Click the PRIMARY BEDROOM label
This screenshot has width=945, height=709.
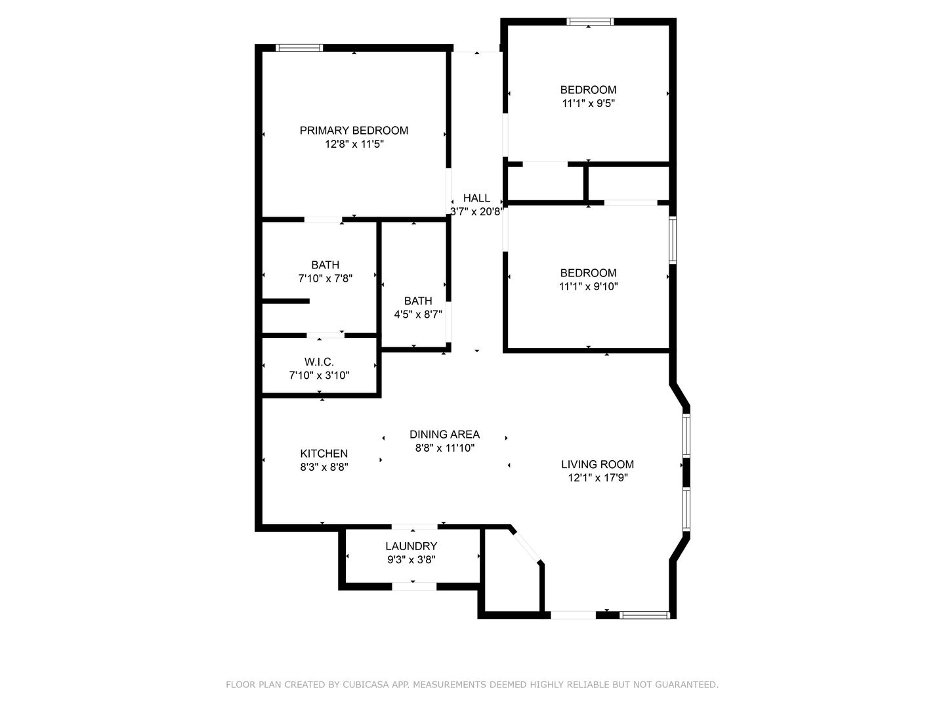354,131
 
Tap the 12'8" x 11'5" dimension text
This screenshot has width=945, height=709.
354,144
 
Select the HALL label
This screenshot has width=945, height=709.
476,198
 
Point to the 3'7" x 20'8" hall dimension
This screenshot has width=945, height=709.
476,211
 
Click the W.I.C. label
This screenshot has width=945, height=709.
319,362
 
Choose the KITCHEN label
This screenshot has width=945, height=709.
324,453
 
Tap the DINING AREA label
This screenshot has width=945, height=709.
445,435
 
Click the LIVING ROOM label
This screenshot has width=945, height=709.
598,465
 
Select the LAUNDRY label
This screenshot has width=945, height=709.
411,546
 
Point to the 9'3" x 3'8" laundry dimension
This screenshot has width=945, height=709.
411,559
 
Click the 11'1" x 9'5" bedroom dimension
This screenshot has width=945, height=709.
588,103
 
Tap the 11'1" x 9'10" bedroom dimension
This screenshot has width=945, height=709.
588,286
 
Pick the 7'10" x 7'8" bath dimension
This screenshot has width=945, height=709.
325,278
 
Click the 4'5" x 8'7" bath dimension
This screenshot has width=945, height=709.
418,314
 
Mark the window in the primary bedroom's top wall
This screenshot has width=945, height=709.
299,48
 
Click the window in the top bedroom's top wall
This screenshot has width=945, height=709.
590,22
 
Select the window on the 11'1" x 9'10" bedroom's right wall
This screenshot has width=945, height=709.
673,240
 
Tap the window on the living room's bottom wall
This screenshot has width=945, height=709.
644,615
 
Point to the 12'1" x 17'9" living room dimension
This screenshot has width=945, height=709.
598,478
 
